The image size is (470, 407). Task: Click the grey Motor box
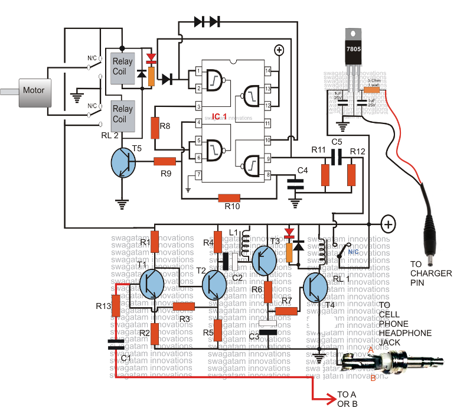click(x=33, y=92)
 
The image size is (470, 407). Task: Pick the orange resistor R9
click(x=165, y=161)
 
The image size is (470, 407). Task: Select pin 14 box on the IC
click(x=268, y=71)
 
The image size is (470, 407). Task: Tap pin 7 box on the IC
click(x=199, y=175)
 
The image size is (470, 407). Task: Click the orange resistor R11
click(x=325, y=175)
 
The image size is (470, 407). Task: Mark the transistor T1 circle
click(x=152, y=284)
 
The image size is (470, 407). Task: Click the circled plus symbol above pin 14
click(x=279, y=51)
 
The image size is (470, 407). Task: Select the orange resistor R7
click(x=286, y=310)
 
